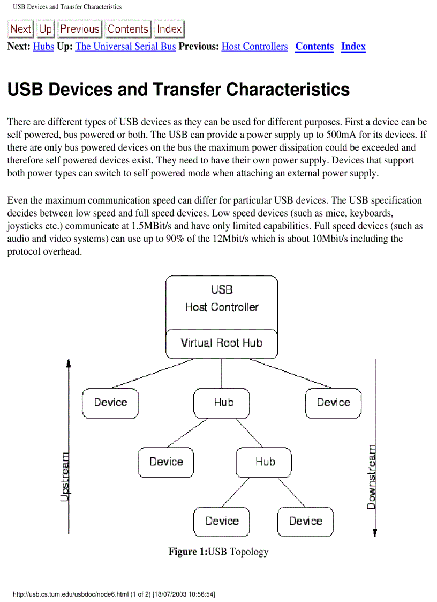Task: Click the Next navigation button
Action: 20,29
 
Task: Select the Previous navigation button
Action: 80,29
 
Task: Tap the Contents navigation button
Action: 128,29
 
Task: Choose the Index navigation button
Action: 169,29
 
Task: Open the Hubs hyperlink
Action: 43,47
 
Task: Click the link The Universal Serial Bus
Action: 125,47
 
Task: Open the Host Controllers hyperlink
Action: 254,47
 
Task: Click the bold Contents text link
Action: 314,47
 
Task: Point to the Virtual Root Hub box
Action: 222,343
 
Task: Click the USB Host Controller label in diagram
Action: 222,299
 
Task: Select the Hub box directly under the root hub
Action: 222,403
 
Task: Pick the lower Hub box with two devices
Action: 264,462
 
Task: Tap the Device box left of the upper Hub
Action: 110,403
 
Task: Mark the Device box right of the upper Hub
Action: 333,403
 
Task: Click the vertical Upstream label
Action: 64,477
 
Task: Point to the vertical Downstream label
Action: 371,477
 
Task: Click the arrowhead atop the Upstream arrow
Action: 69,363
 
